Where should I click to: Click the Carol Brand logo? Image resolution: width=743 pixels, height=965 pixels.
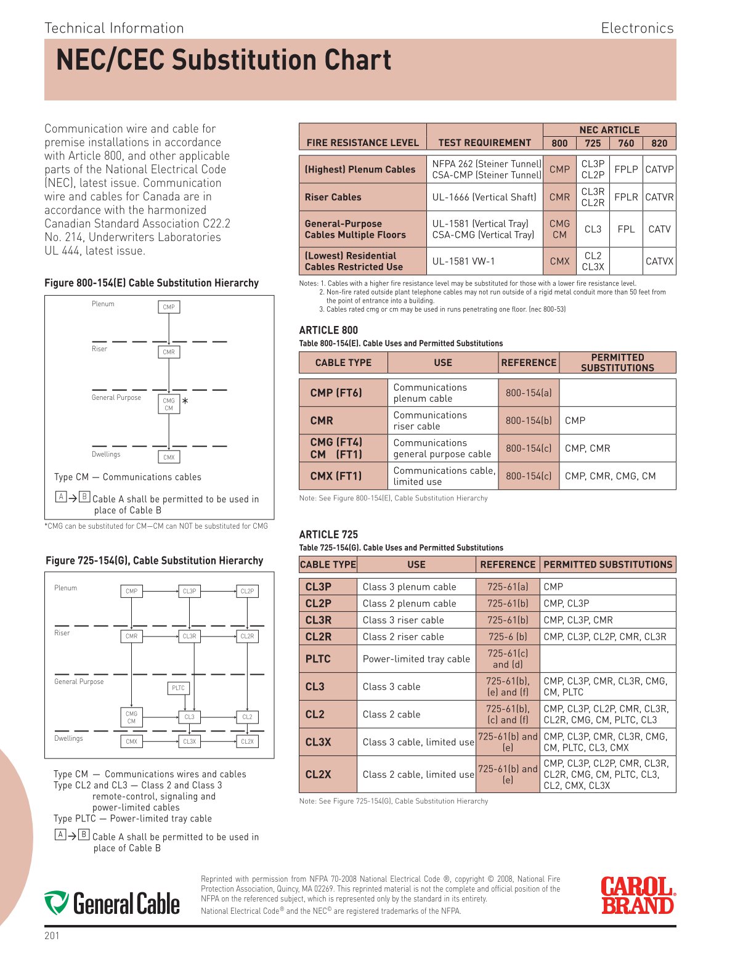[638, 895]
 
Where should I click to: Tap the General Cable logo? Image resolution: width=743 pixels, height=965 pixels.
[112, 903]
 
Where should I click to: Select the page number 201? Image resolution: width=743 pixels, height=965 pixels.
[52, 935]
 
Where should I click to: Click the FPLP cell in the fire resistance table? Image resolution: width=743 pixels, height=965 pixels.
[626, 169]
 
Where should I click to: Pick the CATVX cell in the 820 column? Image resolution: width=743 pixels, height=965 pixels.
[659, 261]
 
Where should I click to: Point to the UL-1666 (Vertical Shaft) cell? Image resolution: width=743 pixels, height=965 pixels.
[484, 197]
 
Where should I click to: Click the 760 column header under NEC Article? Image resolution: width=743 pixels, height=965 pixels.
[626, 143]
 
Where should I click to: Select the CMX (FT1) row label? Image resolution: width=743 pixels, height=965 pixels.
[336, 476]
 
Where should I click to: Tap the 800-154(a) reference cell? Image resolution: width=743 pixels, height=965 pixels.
[529, 393]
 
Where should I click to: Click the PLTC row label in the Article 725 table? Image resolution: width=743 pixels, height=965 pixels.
[318, 659]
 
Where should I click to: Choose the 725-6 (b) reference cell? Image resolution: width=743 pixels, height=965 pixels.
[508, 637]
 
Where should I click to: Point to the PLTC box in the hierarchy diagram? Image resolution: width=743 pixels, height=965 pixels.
[178, 688]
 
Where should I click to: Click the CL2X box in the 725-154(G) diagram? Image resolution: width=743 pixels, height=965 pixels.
[247, 741]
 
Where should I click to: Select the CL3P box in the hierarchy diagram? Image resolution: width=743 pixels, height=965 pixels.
[189, 591]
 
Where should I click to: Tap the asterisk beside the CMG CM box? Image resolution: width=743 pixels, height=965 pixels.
[185, 401]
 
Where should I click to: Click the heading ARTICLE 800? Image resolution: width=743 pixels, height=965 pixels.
[328, 330]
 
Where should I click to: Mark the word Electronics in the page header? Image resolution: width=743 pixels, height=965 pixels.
[637, 28]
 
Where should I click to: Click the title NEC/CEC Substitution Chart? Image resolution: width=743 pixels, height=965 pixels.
[224, 60]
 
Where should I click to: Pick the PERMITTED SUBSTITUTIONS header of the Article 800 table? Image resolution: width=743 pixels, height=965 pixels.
[617, 362]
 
